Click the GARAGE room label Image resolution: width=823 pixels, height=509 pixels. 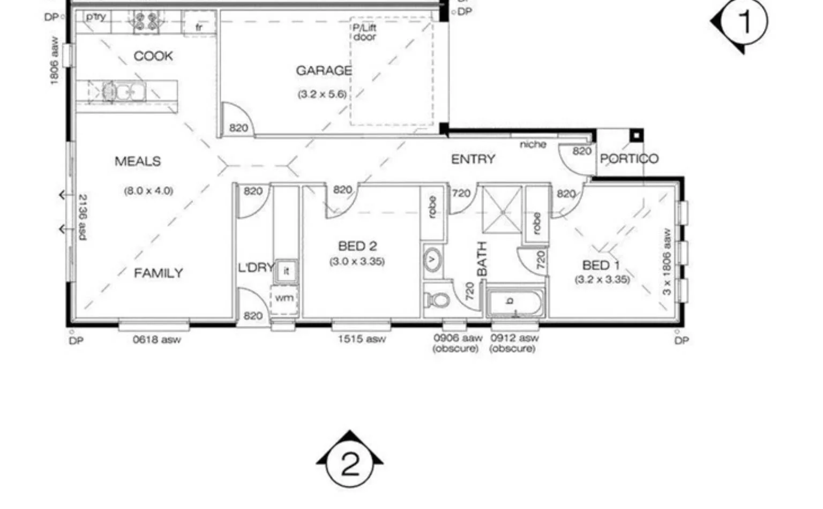pyautogui.click(x=324, y=71)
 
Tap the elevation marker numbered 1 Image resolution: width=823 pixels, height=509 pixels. pyautogui.click(x=744, y=22)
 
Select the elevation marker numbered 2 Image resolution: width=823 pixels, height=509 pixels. pyautogui.click(x=350, y=464)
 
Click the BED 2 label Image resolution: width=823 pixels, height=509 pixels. pyautogui.click(x=357, y=246)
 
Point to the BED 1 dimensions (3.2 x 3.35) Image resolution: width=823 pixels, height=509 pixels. pyautogui.click(x=602, y=279)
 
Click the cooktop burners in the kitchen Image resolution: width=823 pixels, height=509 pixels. pyautogui.click(x=146, y=21)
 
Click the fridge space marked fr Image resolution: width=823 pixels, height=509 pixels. pyautogui.click(x=199, y=25)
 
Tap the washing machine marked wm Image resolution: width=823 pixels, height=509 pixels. pyautogui.click(x=284, y=298)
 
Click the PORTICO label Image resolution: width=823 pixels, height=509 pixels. pyautogui.click(x=629, y=159)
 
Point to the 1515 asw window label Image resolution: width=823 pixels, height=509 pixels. pyautogui.click(x=361, y=339)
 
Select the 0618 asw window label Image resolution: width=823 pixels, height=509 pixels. pyautogui.click(x=156, y=339)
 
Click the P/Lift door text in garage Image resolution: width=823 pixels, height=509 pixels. pyautogui.click(x=364, y=32)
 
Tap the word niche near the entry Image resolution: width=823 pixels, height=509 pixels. pyautogui.click(x=533, y=145)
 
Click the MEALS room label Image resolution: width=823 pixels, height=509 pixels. pyautogui.click(x=138, y=161)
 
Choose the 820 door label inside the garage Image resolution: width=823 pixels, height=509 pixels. pyautogui.click(x=238, y=128)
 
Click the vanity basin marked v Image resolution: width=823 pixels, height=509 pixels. pyautogui.click(x=432, y=260)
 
